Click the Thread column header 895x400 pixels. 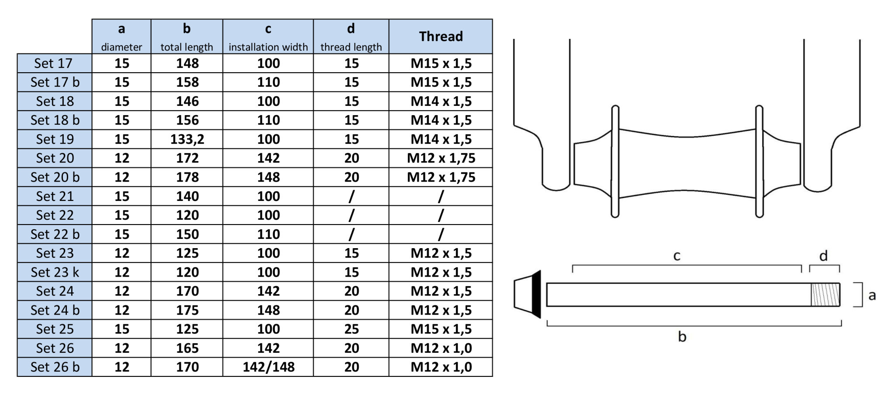pos(441,36)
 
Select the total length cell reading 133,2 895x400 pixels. pos(187,139)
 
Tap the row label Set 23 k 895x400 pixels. pos(55,272)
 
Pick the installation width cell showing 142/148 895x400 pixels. pos(268,367)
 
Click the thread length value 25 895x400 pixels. pos(351,329)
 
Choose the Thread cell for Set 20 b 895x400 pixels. pos(441,177)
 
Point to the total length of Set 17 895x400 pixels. pos(187,63)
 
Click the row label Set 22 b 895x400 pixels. pos(55,234)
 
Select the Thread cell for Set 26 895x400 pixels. pos(441,348)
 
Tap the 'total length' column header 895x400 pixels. pos(187,36)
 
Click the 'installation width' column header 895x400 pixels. pos(268,36)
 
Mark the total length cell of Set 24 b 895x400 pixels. pos(187,310)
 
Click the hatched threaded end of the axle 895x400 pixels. pos(825,295)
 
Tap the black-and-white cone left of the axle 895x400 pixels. pos(527,294)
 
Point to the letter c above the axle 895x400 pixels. pos(676,256)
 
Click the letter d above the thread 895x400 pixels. pos(823,256)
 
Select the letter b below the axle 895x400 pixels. pos(682,337)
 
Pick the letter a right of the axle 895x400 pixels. pos(872,295)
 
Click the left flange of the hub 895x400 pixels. pos(615,161)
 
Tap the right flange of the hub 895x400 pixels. pos(759,161)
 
